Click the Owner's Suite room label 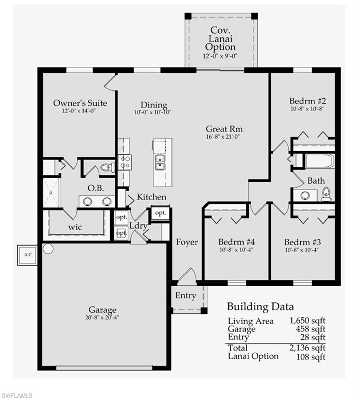tap(80, 103)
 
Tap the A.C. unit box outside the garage tap(28, 255)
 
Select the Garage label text tap(102, 310)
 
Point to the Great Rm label tap(224, 129)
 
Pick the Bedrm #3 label tap(301, 242)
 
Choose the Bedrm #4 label tap(235, 242)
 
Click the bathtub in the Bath tap(319, 161)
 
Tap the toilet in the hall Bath tap(326, 194)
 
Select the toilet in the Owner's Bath tap(106, 167)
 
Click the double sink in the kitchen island tap(161, 163)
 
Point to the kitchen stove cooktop tap(125, 163)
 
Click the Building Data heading tap(260, 307)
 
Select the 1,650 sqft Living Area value tap(307, 321)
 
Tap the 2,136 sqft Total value tap(307, 348)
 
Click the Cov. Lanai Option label tap(220, 39)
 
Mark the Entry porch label tap(185, 296)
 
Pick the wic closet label tap(75, 227)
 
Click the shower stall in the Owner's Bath tap(51, 192)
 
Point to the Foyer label tap(186, 242)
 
